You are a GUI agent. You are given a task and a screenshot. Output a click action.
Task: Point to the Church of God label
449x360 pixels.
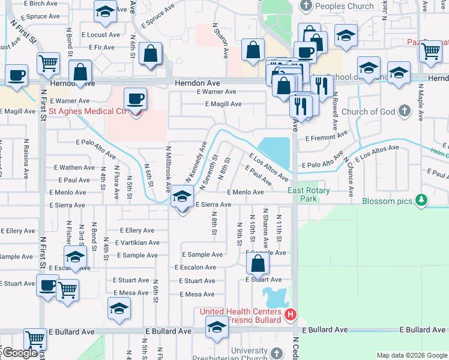click(368, 112)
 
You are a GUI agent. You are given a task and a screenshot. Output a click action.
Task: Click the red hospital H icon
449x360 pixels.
click(291, 314)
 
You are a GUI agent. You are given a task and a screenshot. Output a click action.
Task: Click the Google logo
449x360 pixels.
click(20, 353)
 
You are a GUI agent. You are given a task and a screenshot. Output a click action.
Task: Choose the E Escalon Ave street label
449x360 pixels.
click(194, 267)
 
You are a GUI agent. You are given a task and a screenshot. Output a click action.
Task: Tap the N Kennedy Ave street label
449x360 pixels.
click(196, 161)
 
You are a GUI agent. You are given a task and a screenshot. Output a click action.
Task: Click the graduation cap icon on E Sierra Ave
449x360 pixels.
click(182, 196)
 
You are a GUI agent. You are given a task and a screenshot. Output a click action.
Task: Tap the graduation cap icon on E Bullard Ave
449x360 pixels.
click(217, 327)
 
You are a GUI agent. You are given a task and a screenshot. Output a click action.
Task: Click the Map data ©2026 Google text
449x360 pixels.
click(412, 355)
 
